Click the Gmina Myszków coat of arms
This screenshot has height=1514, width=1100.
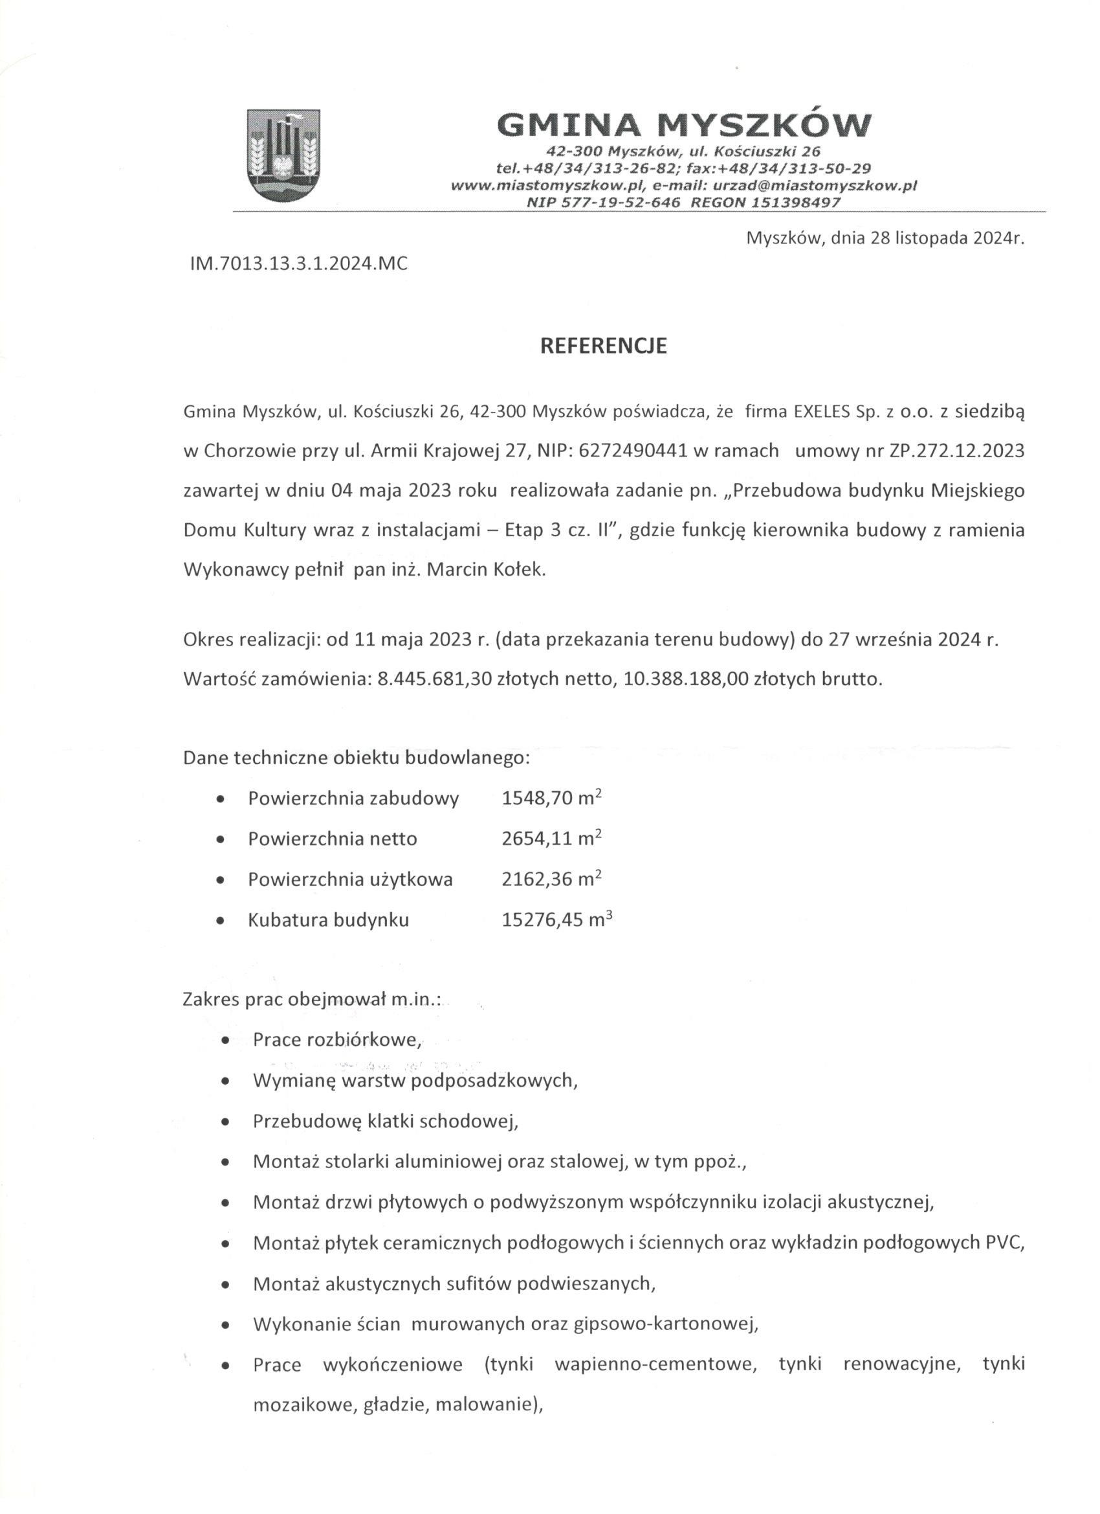(x=283, y=155)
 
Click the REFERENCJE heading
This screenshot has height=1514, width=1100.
(x=603, y=346)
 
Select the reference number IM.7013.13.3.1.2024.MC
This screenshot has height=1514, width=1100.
(x=299, y=264)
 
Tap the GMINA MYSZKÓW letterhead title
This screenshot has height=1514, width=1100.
(x=685, y=125)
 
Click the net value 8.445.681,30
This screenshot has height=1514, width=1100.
(x=434, y=679)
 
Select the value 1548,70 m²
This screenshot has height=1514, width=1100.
(x=552, y=798)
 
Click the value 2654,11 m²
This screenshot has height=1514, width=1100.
(x=552, y=838)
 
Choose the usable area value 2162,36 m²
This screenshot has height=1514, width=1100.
(x=552, y=879)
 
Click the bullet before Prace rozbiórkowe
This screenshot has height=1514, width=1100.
(x=226, y=1040)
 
